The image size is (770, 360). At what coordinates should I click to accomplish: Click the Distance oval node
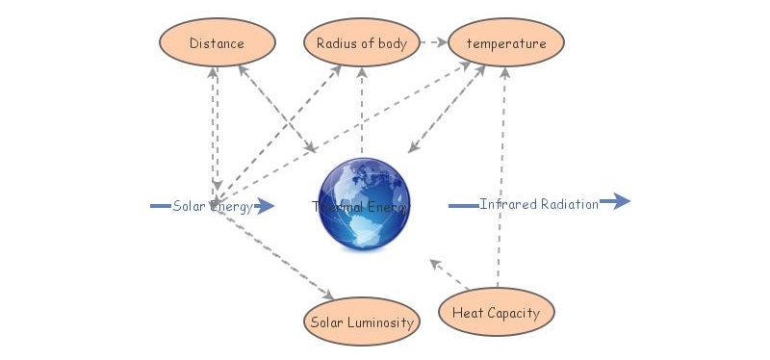pyautogui.click(x=217, y=43)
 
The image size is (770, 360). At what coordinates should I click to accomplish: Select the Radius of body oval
pyautogui.click(x=362, y=43)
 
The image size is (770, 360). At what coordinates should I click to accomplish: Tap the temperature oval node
pyautogui.click(x=505, y=43)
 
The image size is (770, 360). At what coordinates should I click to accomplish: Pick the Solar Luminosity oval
pyautogui.click(x=362, y=322)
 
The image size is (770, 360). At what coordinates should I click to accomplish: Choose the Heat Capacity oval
pyautogui.click(x=496, y=313)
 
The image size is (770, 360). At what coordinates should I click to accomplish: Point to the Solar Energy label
pyautogui.click(x=213, y=206)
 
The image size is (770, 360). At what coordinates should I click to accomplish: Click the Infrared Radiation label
pyautogui.click(x=539, y=204)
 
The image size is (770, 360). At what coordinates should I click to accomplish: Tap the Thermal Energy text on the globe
pyautogui.click(x=362, y=206)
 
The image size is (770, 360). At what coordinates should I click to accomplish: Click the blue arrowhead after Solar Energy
pyautogui.click(x=266, y=206)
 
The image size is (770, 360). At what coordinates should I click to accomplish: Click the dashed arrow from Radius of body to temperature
pyautogui.click(x=434, y=43)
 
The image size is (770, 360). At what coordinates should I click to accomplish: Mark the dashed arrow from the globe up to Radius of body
pyautogui.click(x=362, y=111)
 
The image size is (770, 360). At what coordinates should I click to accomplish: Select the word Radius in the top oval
pyautogui.click(x=338, y=43)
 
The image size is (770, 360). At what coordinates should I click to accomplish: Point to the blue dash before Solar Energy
pyautogui.click(x=161, y=206)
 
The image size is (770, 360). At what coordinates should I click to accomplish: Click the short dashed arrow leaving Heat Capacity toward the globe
pyautogui.click(x=449, y=273)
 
